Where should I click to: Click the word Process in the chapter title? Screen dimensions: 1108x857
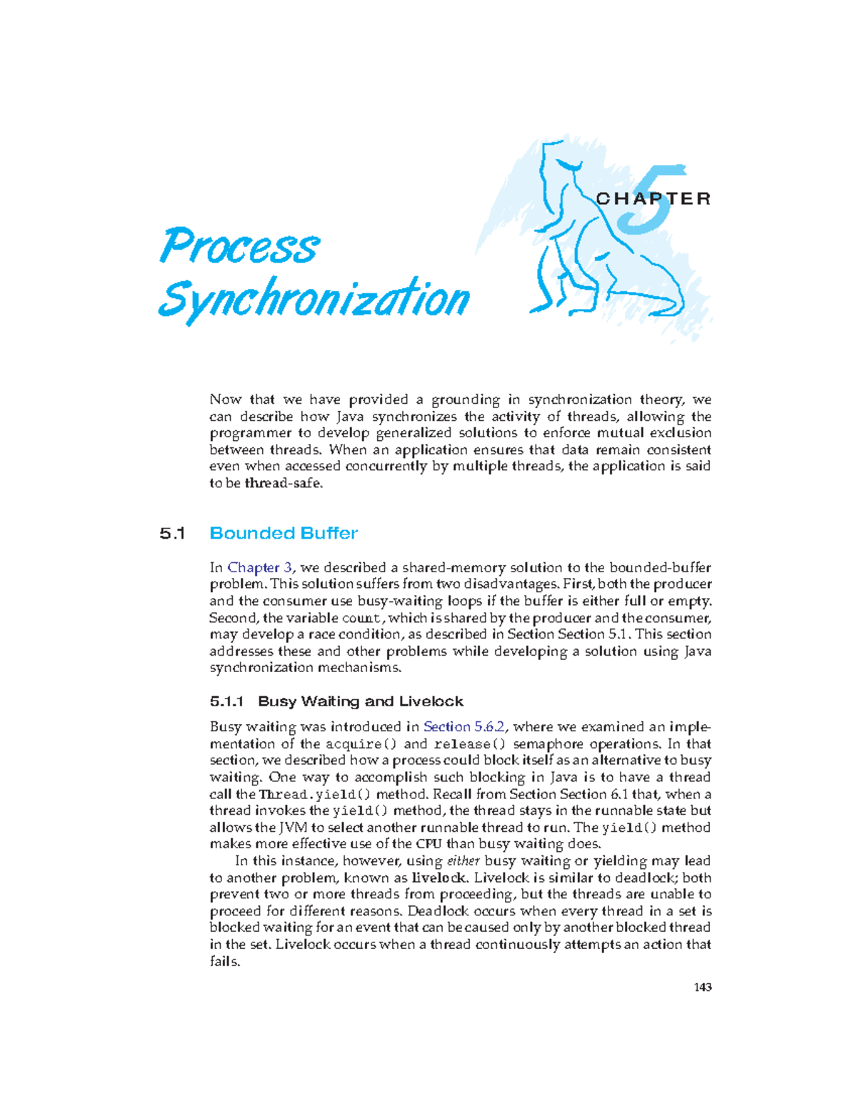239,247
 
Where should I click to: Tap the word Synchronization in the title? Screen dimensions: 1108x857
314,299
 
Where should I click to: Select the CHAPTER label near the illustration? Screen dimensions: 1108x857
653,199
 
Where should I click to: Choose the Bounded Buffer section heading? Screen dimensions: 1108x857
284,534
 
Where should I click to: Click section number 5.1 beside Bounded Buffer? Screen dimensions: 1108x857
172,534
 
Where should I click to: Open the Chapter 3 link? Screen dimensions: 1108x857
259,568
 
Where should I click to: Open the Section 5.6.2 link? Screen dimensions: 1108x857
464,727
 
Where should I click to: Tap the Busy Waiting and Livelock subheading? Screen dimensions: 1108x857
361,701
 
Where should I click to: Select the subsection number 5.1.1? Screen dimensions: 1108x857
227,701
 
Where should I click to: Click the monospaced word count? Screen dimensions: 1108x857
361,619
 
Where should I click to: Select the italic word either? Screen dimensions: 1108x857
463,862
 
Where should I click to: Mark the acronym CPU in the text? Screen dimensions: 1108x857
428,845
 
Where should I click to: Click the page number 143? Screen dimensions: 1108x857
703,987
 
